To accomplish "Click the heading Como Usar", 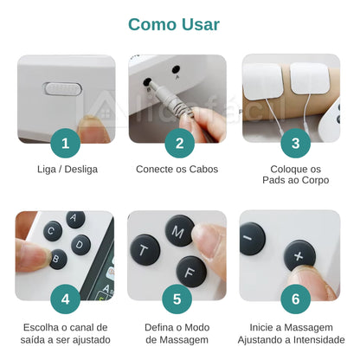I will coord(180,24).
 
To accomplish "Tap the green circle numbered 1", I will coord(66,143).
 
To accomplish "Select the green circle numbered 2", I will coord(179,143).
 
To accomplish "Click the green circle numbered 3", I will coord(295,143).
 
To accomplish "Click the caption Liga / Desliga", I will coord(67,169).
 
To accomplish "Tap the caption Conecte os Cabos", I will coord(177,169).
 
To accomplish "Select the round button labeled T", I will coord(145,250).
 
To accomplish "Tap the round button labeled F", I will coord(190,270).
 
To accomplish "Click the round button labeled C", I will coord(53,230).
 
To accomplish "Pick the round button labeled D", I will coord(80,244).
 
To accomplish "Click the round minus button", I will coord(253,238).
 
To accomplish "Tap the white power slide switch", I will coord(62,88).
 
